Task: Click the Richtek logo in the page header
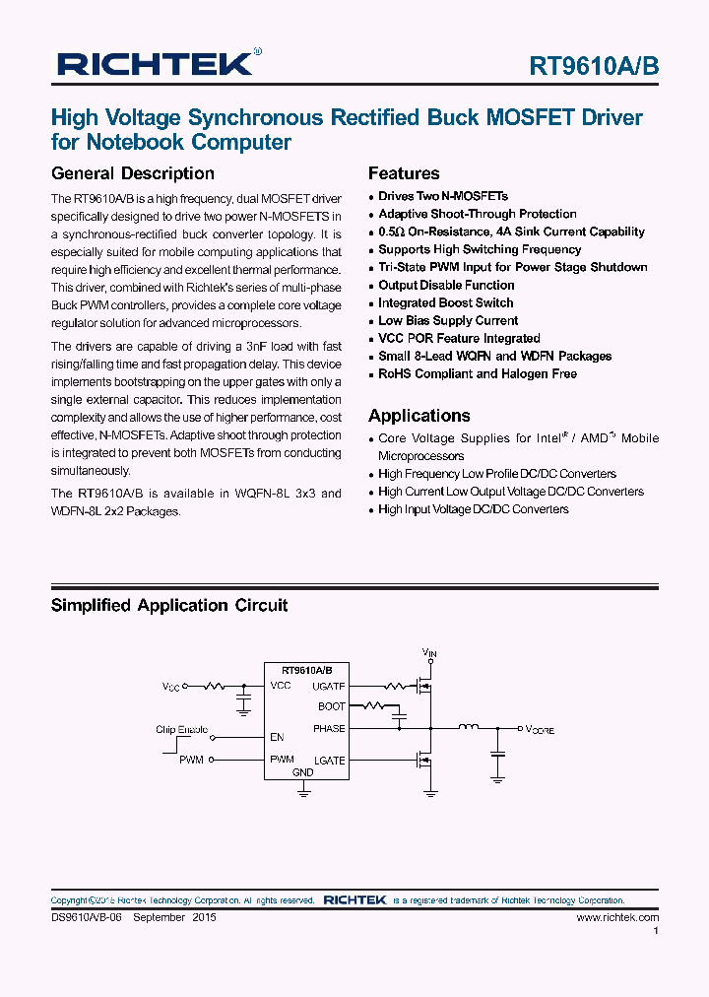[x=158, y=65]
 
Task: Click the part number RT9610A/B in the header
[x=594, y=66]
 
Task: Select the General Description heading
[x=132, y=173]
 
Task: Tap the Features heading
[x=404, y=173]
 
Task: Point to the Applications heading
[x=419, y=416]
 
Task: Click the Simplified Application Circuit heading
[x=169, y=605]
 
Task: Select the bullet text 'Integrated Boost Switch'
[x=445, y=302]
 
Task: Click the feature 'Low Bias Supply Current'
[x=448, y=320]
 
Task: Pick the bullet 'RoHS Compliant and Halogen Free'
[x=478, y=373]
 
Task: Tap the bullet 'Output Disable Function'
[x=446, y=285]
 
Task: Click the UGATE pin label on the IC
[x=328, y=686]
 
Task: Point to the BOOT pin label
[x=331, y=706]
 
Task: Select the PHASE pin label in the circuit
[x=329, y=729]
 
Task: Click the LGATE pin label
[x=329, y=760]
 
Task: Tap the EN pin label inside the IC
[x=277, y=736]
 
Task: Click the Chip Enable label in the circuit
[x=181, y=730]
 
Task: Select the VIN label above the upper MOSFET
[x=428, y=652]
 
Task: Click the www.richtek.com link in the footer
[x=617, y=917]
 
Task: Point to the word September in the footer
[x=159, y=917]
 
